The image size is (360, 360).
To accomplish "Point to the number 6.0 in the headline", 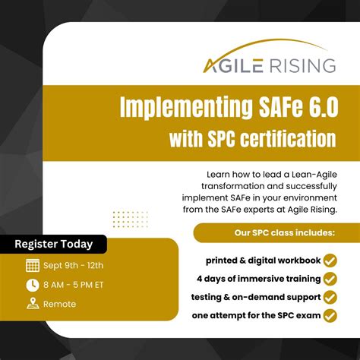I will pyautogui.click(x=314, y=107).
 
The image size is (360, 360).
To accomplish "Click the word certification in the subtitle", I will pyautogui.click(x=289, y=139).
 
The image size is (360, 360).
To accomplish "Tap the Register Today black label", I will pyautogui.click(x=54, y=245).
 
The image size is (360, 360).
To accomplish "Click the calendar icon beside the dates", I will pyautogui.click(x=33, y=266).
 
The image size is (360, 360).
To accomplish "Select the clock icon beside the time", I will pyautogui.click(x=33, y=285).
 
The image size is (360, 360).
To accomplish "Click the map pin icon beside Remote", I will pyautogui.click(x=33, y=304).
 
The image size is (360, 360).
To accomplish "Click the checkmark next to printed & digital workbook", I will pyautogui.click(x=330, y=261).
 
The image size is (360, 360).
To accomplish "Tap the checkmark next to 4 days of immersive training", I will pyautogui.click(x=330, y=279).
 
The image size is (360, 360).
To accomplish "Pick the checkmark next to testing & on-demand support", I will pyautogui.click(x=330, y=297).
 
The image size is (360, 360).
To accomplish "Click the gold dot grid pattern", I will pyautogui.click(x=131, y=219).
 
